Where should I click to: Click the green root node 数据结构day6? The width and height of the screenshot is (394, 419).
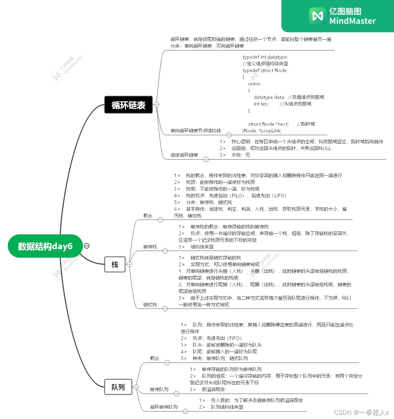45,246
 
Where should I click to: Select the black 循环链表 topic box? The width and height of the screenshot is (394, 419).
129,105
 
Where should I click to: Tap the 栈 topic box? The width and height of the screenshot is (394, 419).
115,264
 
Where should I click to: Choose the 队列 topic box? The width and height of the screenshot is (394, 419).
118,387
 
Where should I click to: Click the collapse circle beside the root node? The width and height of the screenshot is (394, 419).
86,246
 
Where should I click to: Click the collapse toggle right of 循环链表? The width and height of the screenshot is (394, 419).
156,104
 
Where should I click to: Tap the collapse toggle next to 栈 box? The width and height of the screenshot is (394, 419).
129,264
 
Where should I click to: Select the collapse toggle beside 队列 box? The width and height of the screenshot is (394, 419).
136,387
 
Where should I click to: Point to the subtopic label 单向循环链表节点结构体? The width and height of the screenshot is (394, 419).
196,131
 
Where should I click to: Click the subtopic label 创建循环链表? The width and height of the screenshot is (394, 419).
184,155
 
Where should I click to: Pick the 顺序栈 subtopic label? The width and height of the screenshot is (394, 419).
150,247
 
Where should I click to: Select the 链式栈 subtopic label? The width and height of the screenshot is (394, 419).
150,305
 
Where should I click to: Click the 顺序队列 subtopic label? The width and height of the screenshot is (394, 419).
159,389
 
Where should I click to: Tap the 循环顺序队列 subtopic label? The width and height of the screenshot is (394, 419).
163,407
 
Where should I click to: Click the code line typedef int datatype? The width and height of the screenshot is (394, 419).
265,57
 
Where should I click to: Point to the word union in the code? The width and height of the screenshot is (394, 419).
254,84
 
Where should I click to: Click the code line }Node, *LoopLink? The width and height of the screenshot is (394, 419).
262,131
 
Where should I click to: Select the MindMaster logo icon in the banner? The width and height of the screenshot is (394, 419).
317,16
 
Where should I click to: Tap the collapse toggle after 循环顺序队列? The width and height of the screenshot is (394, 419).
185,411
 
